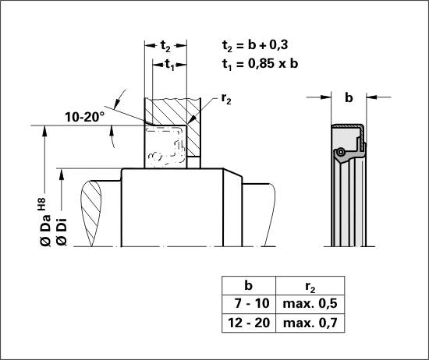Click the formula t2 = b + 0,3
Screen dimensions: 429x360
(255, 45)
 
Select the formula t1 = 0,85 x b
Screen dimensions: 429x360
(260, 64)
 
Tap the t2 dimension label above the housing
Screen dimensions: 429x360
(165, 46)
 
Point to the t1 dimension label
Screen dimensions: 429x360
(169, 65)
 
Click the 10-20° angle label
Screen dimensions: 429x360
(85, 117)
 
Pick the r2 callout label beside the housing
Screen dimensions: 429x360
(226, 99)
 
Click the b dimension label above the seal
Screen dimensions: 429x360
(349, 97)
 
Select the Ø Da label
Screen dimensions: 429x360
(45, 230)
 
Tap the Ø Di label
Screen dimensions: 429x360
(62, 231)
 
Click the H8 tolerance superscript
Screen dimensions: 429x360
(41, 204)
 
